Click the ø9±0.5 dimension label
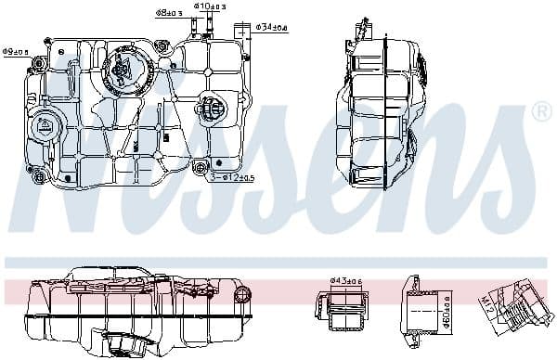[16, 52]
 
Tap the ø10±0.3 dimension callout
[210, 6]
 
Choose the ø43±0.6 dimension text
[345, 280]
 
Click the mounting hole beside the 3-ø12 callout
[199, 168]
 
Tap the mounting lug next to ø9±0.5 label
[38, 64]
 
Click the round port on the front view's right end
[242, 295]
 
